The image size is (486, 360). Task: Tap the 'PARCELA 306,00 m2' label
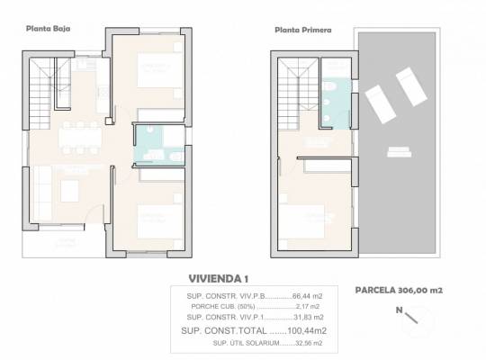point(399,291)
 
